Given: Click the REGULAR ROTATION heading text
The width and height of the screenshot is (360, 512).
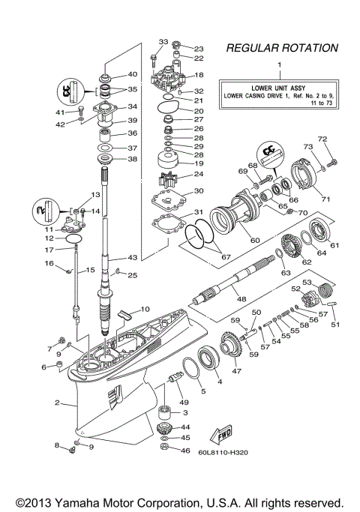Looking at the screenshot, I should [x=281, y=48].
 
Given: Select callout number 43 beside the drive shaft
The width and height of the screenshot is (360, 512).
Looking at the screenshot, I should [x=133, y=258].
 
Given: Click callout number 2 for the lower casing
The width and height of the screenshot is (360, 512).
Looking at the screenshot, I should [x=57, y=403].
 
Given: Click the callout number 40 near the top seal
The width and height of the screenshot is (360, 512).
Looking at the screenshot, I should [x=133, y=74].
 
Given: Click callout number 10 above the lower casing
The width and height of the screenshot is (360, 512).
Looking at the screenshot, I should [x=145, y=309].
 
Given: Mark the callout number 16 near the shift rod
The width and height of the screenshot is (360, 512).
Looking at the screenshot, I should [x=51, y=263].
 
